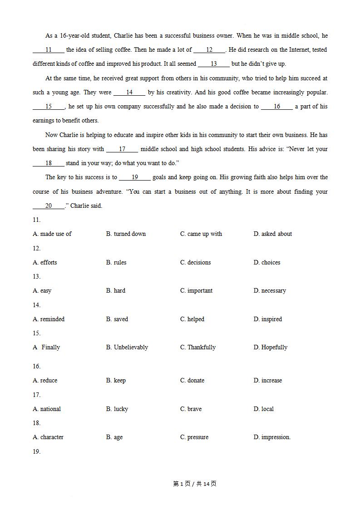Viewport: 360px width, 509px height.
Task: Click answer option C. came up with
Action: pos(201,234)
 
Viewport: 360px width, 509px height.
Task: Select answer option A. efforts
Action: pos(45,263)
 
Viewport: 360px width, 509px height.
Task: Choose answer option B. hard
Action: pos(116,291)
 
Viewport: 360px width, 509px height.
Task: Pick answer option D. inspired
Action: pos(267,319)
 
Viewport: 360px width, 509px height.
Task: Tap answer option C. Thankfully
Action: pos(197,347)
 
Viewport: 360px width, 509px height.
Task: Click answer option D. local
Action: pos(263,409)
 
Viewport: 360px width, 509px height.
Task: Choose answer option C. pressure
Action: pos(194,437)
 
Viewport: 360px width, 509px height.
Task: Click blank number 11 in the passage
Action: pos(49,50)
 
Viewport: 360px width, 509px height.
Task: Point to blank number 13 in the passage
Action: pos(213,64)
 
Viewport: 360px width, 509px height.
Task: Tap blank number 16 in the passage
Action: pos(277,107)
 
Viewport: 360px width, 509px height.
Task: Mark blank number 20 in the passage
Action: pos(49,206)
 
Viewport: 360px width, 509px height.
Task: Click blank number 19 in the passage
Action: pos(135,177)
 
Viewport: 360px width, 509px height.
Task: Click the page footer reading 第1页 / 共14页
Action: pos(195,484)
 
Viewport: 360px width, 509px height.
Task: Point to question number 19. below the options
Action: pos(37,452)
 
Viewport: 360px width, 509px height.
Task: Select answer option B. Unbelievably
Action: pos(127,347)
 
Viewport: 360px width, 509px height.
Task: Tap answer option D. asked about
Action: pos(272,234)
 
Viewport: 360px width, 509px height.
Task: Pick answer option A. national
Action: pos(47,409)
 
